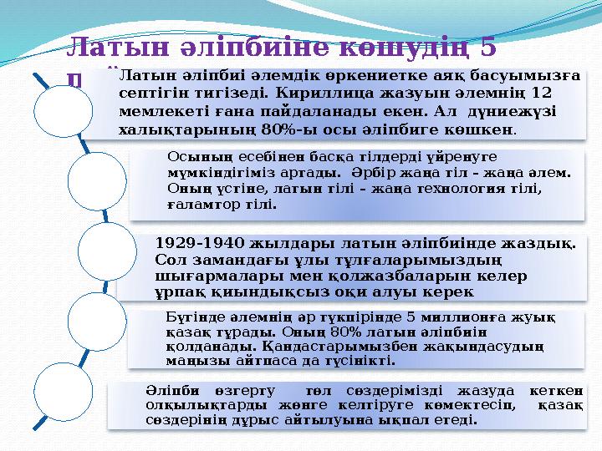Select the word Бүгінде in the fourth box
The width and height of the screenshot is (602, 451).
[191, 317]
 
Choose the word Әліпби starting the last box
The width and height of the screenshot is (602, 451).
[165, 390]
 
